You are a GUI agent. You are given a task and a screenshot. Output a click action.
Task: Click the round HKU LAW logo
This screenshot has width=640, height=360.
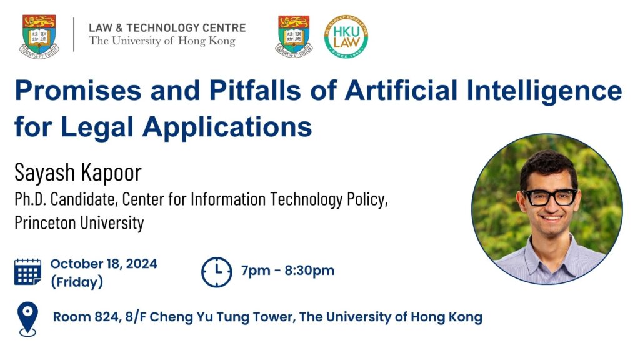pyautogui.click(x=346, y=36)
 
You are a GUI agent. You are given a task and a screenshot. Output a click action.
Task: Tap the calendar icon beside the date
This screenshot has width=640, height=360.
pyautogui.click(x=27, y=272)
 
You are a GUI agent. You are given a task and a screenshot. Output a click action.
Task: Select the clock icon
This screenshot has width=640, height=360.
pyautogui.click(x=217, y=272)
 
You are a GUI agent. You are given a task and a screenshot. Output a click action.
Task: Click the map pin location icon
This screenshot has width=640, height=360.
pyautogui.click(x=27, y=319)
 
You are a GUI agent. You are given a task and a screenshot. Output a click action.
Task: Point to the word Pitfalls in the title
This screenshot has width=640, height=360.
pyautogui.click(x=255, y=91)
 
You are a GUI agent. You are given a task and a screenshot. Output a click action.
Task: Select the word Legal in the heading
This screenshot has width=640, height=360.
pyautogui.click(x=97, y=127)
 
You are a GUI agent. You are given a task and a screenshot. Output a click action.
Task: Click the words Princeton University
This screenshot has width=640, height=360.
pyautogui.click(x=79, y=223)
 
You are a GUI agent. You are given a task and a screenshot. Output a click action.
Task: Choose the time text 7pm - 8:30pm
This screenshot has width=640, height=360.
pyautogui.click(x=287, y=271)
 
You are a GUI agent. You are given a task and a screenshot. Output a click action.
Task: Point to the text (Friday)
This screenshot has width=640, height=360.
pyautogui.click(x=77, y=282)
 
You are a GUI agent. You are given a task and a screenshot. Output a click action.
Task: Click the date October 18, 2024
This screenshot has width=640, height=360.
pyautogui.click(x=104, y=264)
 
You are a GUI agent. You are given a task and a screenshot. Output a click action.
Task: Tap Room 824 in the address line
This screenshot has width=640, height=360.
pyautogui.click(x=86, y=317)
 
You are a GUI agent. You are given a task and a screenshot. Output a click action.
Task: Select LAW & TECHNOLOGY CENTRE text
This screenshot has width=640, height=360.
pyautogui.click(x=167, y=27)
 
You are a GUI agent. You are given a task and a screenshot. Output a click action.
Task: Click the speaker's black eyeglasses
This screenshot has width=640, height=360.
pyautogui.click(x=549, y=197)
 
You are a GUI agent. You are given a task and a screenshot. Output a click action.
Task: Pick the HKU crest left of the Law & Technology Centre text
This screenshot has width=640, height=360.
pyautogui.click(x=39, y=37)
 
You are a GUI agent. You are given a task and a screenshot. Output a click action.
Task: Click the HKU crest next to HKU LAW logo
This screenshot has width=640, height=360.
pyautogui.click(x=294, y=36)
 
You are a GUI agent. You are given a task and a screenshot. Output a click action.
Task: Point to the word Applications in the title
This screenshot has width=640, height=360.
pyautogui.click(x=227, y=127)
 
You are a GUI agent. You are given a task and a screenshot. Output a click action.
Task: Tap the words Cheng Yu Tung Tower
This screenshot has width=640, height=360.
pyautogui.click(x=222, y=317)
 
